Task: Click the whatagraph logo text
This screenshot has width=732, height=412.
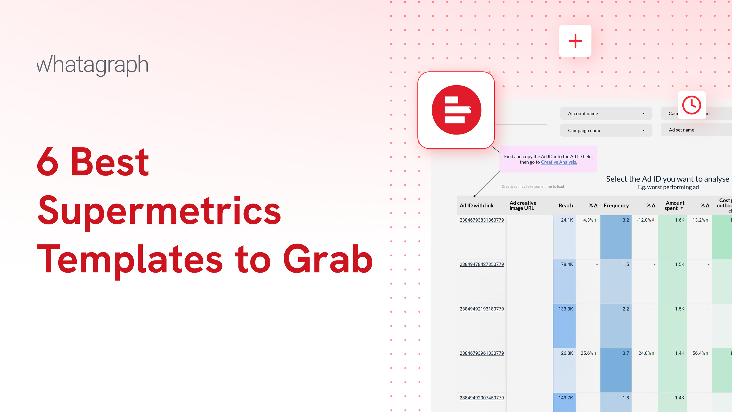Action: click(92, 65)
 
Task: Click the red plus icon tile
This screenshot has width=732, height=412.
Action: click(575, 41)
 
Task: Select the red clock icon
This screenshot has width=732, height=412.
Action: click(691, 105)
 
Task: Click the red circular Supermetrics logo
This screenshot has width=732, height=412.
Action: click(456, 110)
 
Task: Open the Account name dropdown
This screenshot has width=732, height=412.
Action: click(606, 114)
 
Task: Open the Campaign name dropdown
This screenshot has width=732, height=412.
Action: click(606, 131)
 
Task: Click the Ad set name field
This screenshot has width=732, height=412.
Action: click(696, 130)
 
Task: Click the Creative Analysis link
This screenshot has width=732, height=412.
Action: click(559, 162)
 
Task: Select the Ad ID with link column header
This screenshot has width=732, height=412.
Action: click(477, 206)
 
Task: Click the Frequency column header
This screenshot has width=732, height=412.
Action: click(616, 206)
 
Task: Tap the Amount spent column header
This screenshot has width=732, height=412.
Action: click(674, 206)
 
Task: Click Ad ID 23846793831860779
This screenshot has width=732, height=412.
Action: click(482, 220)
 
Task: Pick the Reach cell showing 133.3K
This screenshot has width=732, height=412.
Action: click(565, 309)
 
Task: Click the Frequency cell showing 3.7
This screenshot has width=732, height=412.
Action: click(625, 353)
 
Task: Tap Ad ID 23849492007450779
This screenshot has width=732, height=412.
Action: click(482, 398)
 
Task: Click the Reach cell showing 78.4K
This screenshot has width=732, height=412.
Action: click(566, 264)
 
